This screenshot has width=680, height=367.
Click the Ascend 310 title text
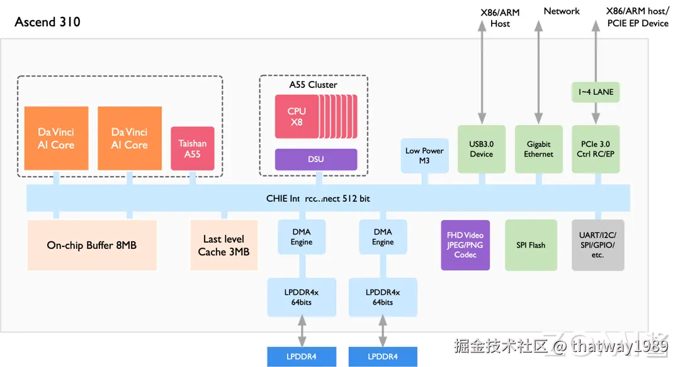coord(47,22)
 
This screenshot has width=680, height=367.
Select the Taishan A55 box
coord(193,148)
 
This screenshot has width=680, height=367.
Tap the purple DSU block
coord(316,159)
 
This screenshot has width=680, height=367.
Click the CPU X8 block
coord(297,116)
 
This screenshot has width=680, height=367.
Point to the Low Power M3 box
coord(424,155)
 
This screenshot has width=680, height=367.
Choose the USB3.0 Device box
coord(481,149)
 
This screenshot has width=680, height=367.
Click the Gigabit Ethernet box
coord(538,149)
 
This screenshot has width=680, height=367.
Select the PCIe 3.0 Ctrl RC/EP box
coord(596,149)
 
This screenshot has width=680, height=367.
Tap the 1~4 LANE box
coord(596,92)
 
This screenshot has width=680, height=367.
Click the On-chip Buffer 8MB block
coord(92,245)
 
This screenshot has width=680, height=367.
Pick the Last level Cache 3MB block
coord(224,245)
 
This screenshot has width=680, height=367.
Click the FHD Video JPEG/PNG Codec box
coord(465,245)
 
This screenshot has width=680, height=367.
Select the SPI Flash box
coord(531,245)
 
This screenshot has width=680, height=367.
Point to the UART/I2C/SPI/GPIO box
coord(598,245)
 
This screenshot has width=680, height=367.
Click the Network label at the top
coord(562,11)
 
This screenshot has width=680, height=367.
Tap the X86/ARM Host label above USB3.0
coord(500,18)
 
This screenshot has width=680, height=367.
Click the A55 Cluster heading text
coord(313,85)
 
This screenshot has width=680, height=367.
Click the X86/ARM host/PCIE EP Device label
coord(637,17)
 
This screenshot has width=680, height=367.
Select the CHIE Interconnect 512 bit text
coord(318,199)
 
